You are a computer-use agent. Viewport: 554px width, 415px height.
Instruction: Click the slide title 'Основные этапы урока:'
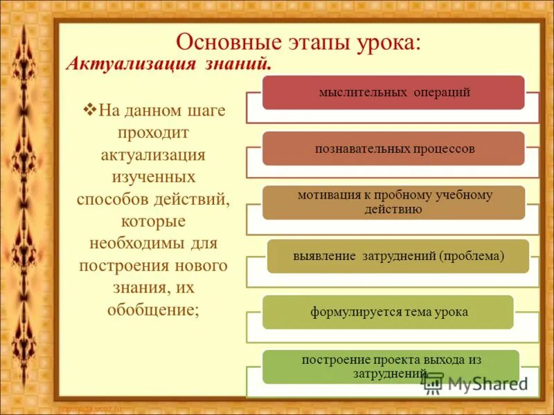coord(298,41)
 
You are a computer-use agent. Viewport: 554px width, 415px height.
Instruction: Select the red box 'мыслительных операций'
coord(393,92)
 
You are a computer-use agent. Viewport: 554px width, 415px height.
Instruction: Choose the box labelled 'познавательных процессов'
coord(393,149)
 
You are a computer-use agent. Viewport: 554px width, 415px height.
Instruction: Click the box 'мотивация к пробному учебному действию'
coord(393,202)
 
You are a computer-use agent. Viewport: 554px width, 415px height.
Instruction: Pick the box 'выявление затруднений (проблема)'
coord(398,256)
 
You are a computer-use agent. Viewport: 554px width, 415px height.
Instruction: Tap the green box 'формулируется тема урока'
coord(388,312)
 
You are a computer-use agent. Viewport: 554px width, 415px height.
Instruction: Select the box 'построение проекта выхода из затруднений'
coord(391,367)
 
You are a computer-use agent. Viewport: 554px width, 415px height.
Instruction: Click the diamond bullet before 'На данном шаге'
coord(88,109)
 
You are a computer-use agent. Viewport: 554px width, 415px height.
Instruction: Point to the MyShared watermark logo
coord(476,382)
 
